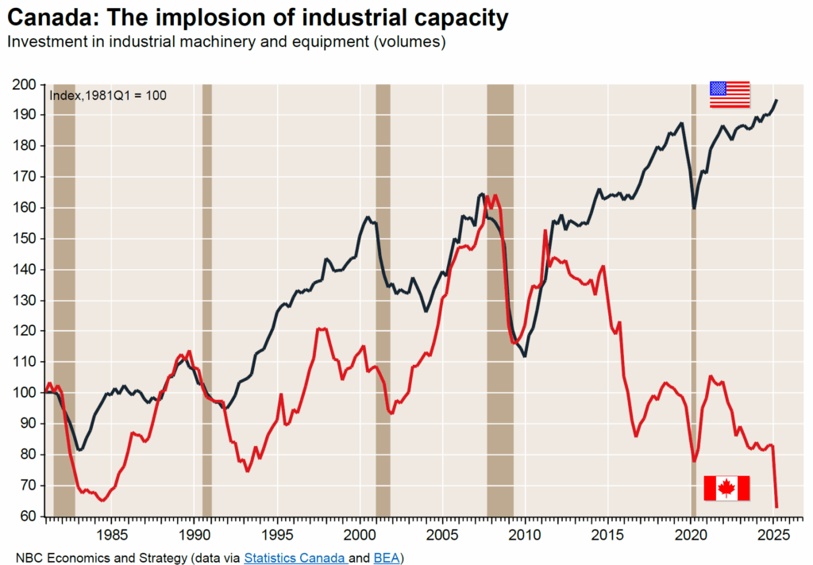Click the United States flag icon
[x=729, y=94]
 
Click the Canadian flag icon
[x=726, y=488]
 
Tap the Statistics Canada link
[x=294, y=558]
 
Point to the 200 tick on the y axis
[x=26, y=84]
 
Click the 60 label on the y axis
[x=29, y=517]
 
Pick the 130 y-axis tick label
[x=26, y=301]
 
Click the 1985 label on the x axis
[x=111, y=534]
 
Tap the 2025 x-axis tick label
[x=774, y=534]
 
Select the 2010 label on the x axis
[x=525, y=534]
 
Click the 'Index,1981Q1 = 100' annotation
[x=108, y=96]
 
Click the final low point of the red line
[x=776, y=506]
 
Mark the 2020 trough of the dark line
[x=694, y=208]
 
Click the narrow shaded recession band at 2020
[x=693, y=317]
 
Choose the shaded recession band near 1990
[x=207, y=317]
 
